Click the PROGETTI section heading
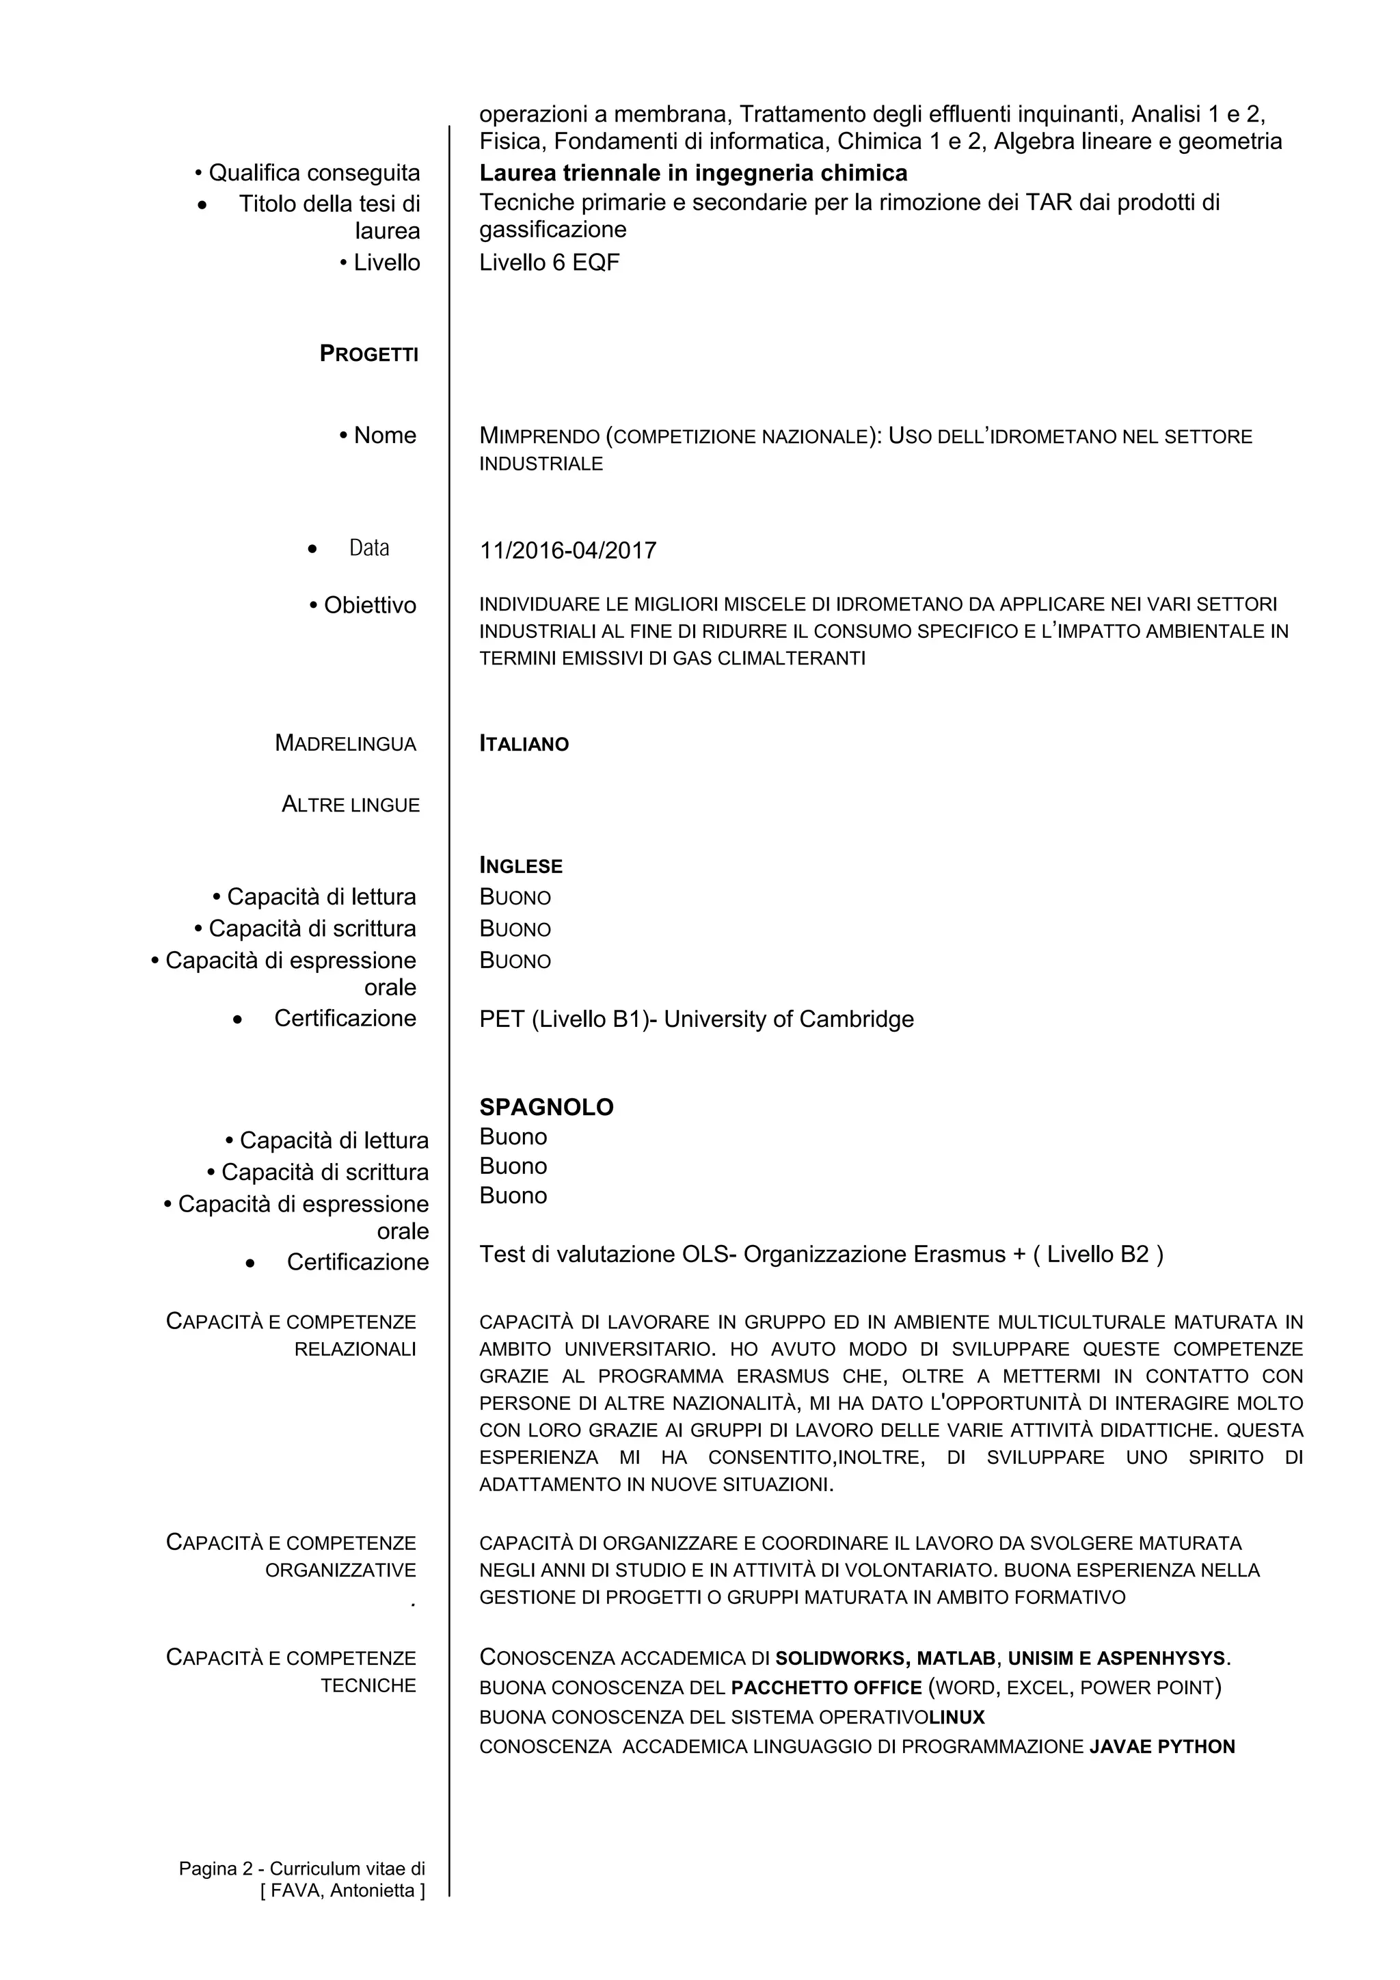[369, 353]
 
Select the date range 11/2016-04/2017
[567, 550]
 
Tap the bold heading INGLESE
[521, 866]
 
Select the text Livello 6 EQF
[549, 263]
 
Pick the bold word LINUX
[956, 1717]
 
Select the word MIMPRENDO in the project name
[539, 436]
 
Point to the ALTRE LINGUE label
[351, 805]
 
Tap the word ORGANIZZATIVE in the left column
[340, 1570]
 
